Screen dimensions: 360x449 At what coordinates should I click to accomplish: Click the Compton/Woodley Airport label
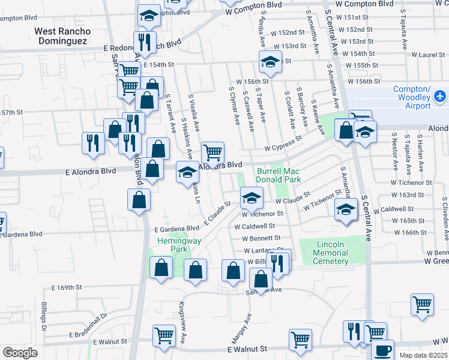[412, 98]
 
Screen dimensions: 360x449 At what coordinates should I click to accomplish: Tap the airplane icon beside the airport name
[441, 96]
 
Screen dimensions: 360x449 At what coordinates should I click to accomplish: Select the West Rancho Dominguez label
[62, 37]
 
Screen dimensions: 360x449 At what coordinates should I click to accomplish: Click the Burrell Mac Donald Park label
[278, 175]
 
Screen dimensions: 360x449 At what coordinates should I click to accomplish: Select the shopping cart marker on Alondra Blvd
[212, 153]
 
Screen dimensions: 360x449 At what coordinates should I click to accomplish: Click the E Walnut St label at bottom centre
[247, 349]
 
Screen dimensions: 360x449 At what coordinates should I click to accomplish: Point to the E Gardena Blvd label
[176, 229]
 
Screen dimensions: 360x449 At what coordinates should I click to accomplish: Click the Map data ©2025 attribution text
[424, 355]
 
